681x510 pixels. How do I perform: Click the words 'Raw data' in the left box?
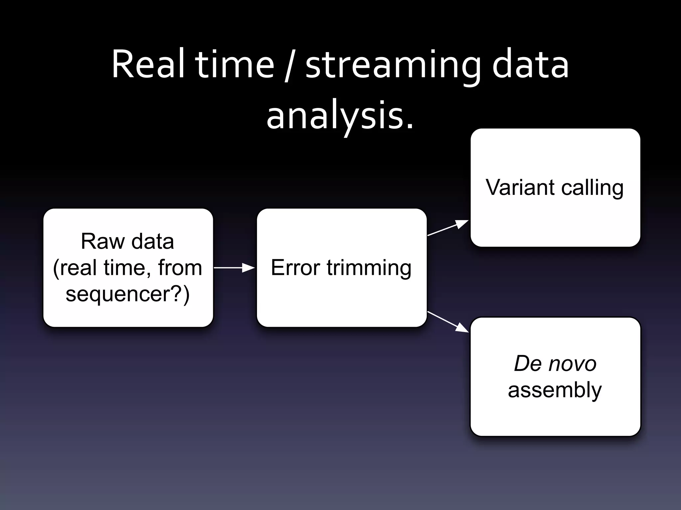click(127, 241)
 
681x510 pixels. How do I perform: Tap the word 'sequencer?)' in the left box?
click(128, 294)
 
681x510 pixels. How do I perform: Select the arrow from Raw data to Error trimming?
click(234, 268)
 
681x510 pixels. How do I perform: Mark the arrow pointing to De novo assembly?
click(448, 322)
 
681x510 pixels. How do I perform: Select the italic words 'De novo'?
click(555, 364)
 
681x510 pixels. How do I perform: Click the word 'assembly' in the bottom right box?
click(555, 390)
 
